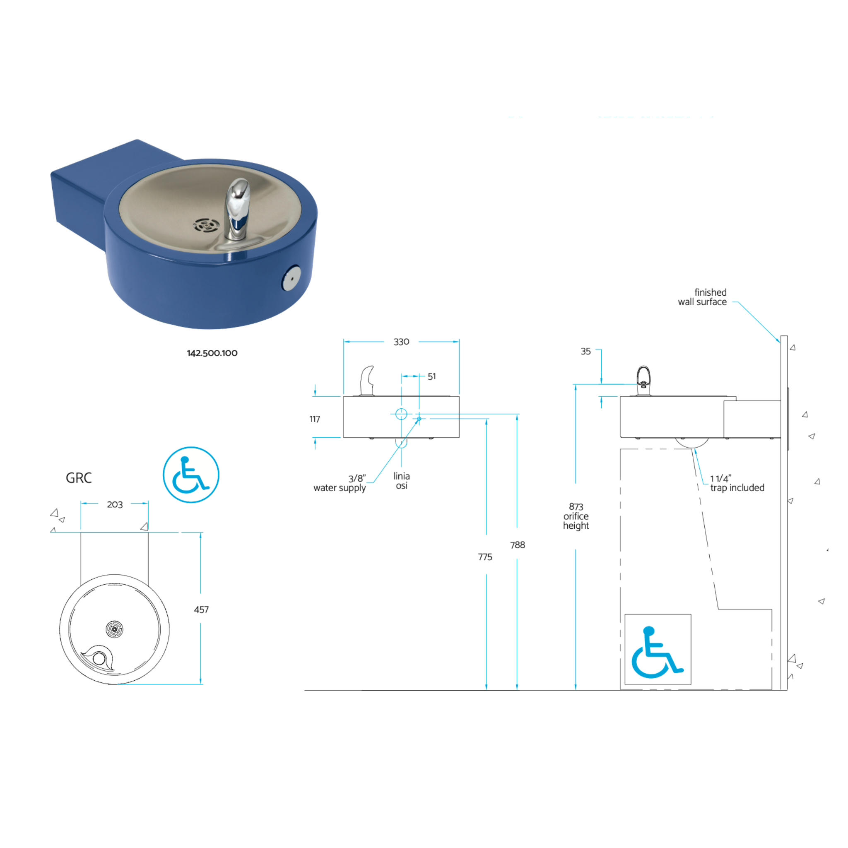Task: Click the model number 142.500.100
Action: pos(212,353)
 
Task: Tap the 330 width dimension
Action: pos(401,342)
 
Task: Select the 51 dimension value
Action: pos(431,376)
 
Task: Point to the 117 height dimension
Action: pos(315,419)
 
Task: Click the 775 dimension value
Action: pos(485,557)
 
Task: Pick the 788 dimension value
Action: pos(518,545)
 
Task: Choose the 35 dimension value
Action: pos(585,351)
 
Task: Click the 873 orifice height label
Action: pos(576,516)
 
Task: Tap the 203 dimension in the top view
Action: pos(115,504)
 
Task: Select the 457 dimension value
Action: pos(201,609)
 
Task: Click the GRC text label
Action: pos(79,477)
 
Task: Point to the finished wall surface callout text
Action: pos(702,297)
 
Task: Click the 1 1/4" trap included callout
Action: pos(737,483)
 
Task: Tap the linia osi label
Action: pos(402,481)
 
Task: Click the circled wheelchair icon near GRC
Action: pos(191,475)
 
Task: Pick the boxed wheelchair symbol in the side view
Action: pos(658,649)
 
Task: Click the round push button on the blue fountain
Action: pos(291,277)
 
